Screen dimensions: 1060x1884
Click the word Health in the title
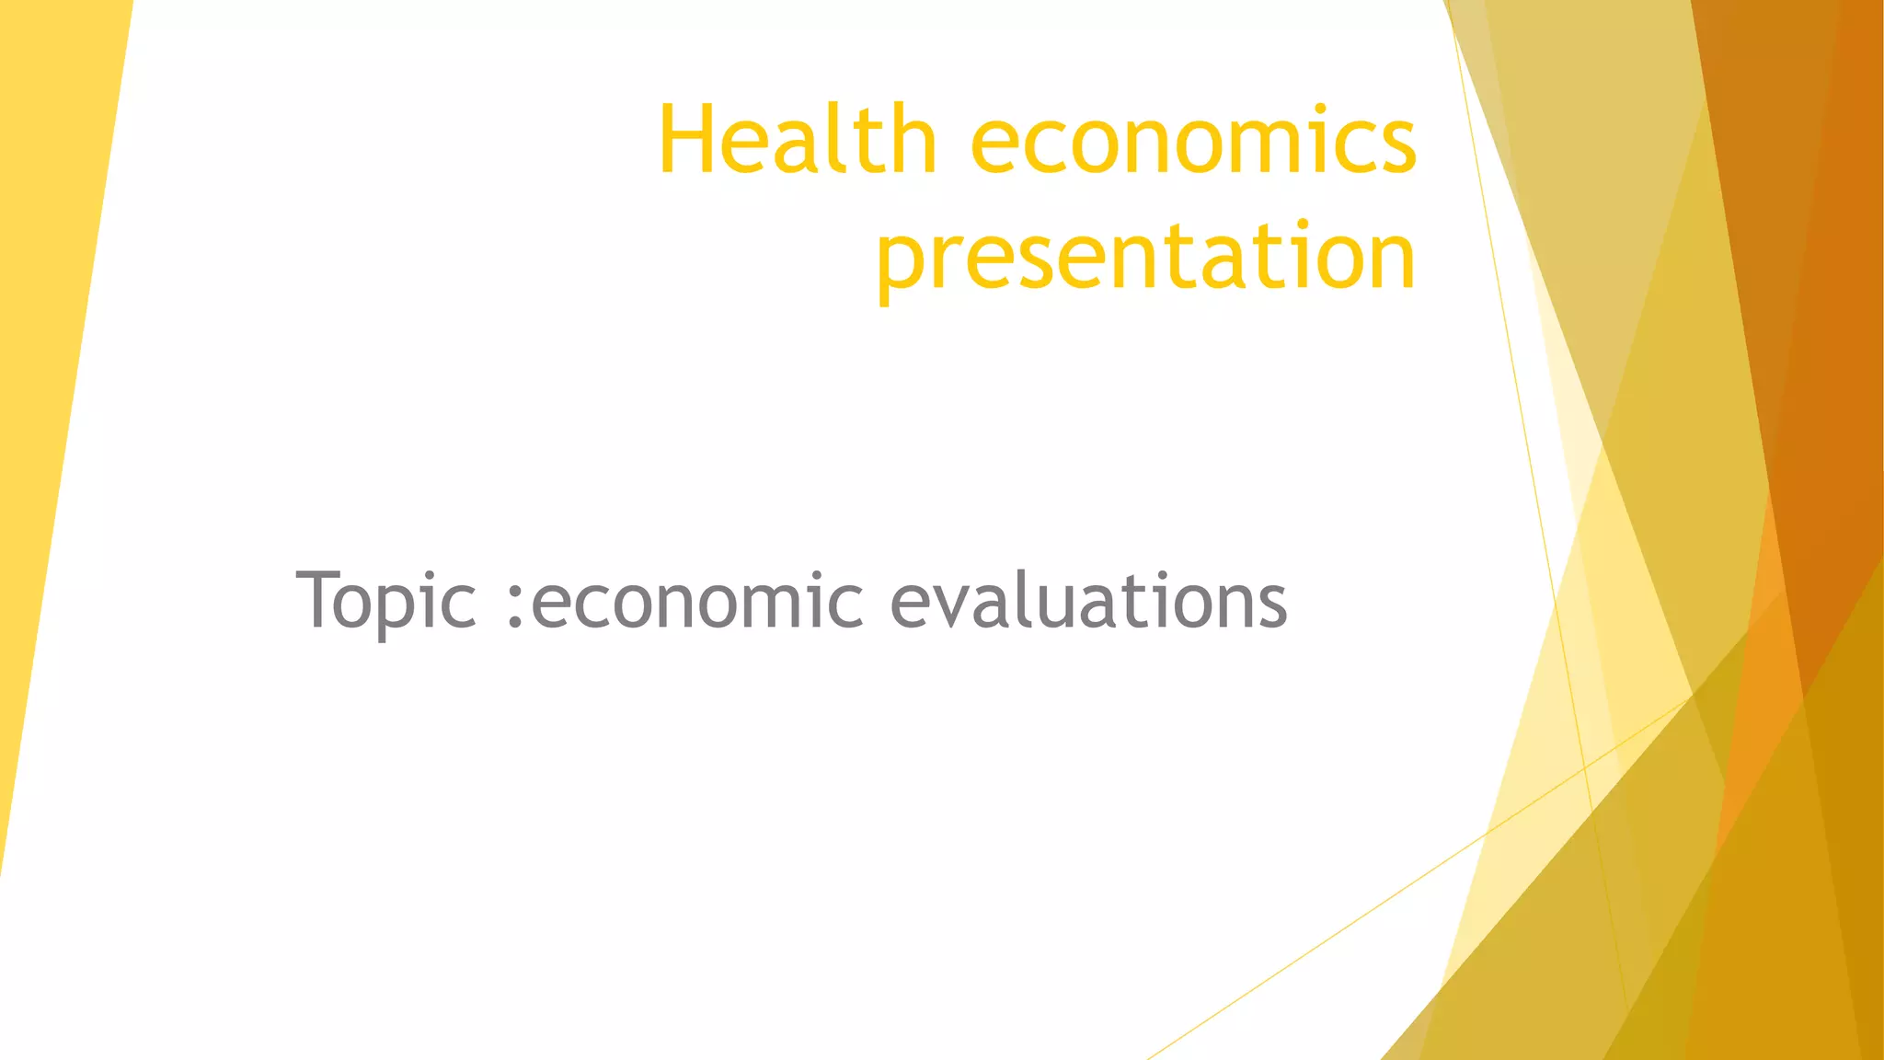tap(797, 140)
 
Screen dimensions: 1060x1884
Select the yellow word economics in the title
tap(1193, 142)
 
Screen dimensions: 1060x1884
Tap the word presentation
tap(1146, 258)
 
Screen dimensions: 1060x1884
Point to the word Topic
tap(386, 600)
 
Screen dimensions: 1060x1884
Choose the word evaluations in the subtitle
tap(1088, 600)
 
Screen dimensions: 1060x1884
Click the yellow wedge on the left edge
tap(46, 368)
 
